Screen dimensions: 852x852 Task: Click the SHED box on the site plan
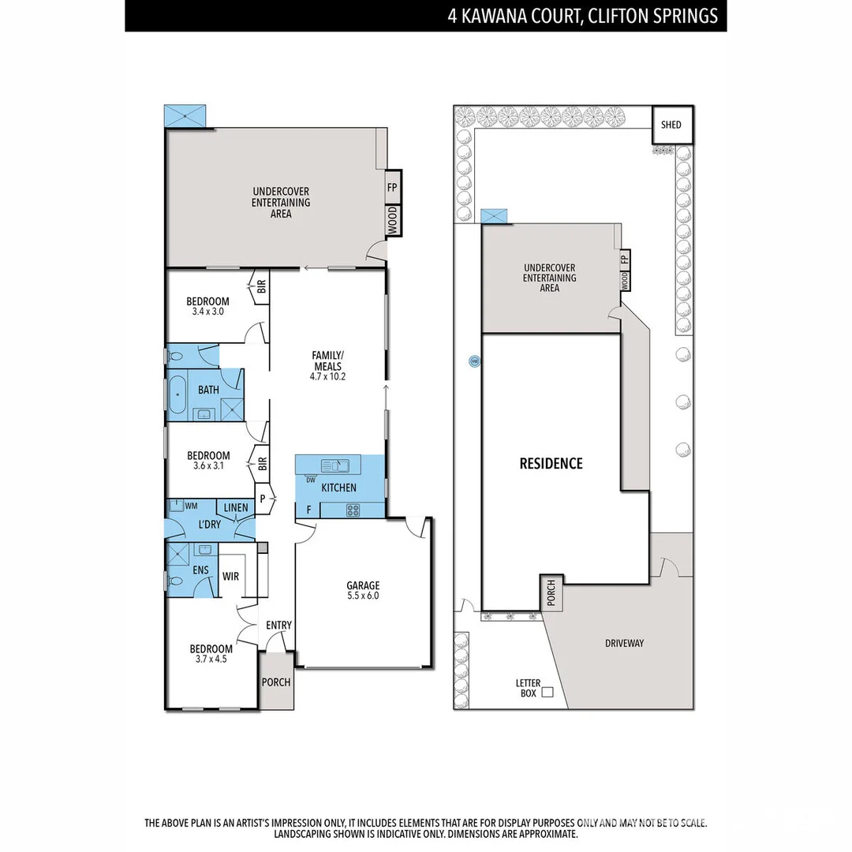(671, 125)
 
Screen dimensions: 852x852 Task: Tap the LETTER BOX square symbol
(547, 692)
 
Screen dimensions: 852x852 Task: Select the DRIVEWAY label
(624, 643)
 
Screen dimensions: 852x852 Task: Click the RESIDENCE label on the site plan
(551, 463)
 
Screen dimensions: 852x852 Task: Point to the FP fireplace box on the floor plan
(392, 188)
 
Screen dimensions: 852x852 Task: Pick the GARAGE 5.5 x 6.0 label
(363, 591)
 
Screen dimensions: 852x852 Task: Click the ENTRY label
(278, 626)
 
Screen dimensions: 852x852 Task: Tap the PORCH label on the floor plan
(276, 682)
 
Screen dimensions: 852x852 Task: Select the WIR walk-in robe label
(230, 577)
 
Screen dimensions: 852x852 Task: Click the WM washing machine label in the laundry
(190, 505)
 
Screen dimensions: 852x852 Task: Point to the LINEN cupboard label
(235, 508)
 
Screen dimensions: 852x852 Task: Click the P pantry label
(263, 498)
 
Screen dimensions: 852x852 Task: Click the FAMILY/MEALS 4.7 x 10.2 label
(328, 366)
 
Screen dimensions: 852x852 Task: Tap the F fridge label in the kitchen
(308, 510)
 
